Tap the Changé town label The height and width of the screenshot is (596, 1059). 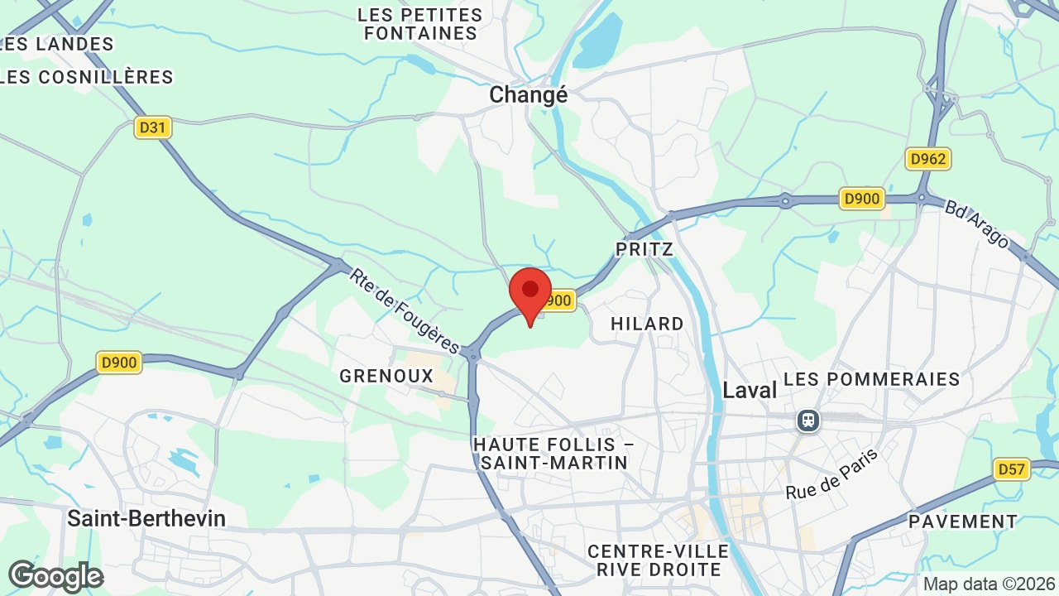tap(528, 95)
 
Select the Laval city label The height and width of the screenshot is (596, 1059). tap(750, 390)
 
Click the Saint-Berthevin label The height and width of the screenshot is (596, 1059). tap(146, 518)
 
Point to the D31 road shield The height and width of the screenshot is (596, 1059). tap(153, 127)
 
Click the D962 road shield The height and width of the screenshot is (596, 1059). tap(927, 159)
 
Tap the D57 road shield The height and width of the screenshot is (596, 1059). tap(1011, 470)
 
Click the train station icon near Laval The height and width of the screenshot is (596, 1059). tap(807, 421)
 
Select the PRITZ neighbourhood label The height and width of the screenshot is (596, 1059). tap(645, 249)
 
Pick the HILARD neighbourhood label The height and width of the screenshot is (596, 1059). tap(647, 324)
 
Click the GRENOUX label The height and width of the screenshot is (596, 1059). tap(386, 376)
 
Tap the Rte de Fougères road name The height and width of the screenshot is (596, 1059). tap(404, 310)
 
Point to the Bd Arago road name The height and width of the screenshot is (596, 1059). tap(977, 223)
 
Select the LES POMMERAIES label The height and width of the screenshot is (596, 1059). tap(871, 379)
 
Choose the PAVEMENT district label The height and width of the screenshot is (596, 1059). tap(963, 521)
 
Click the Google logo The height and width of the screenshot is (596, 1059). tap(55, 576)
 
